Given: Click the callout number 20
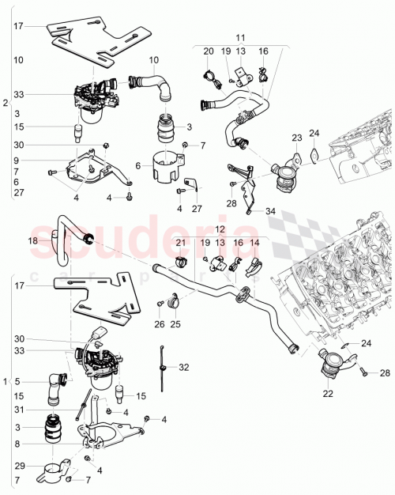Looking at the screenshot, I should (x=209, y=51).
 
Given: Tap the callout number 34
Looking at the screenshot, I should (x=271, y=210).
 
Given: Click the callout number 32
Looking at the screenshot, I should (x=184, y=367).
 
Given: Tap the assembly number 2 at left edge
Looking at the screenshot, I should (x=6, y=104).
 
